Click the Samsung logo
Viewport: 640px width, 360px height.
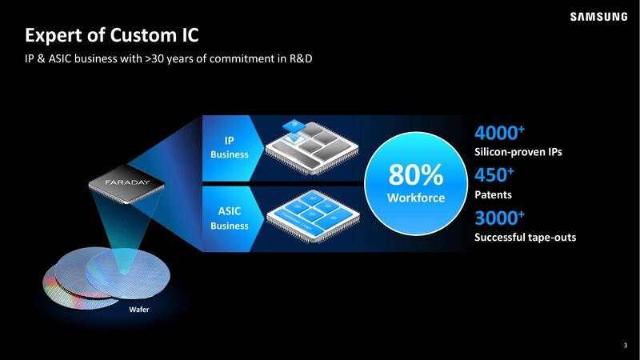point(598,16)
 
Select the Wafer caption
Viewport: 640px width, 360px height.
point(140,309)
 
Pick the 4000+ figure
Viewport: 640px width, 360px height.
point(499,133)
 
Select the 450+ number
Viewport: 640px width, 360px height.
point(494,175)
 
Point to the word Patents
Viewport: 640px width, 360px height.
point(494,194)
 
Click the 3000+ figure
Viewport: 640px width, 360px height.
point(499,218)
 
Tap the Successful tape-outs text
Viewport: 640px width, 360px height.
point(525,238)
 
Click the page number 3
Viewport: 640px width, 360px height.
point(625,346)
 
